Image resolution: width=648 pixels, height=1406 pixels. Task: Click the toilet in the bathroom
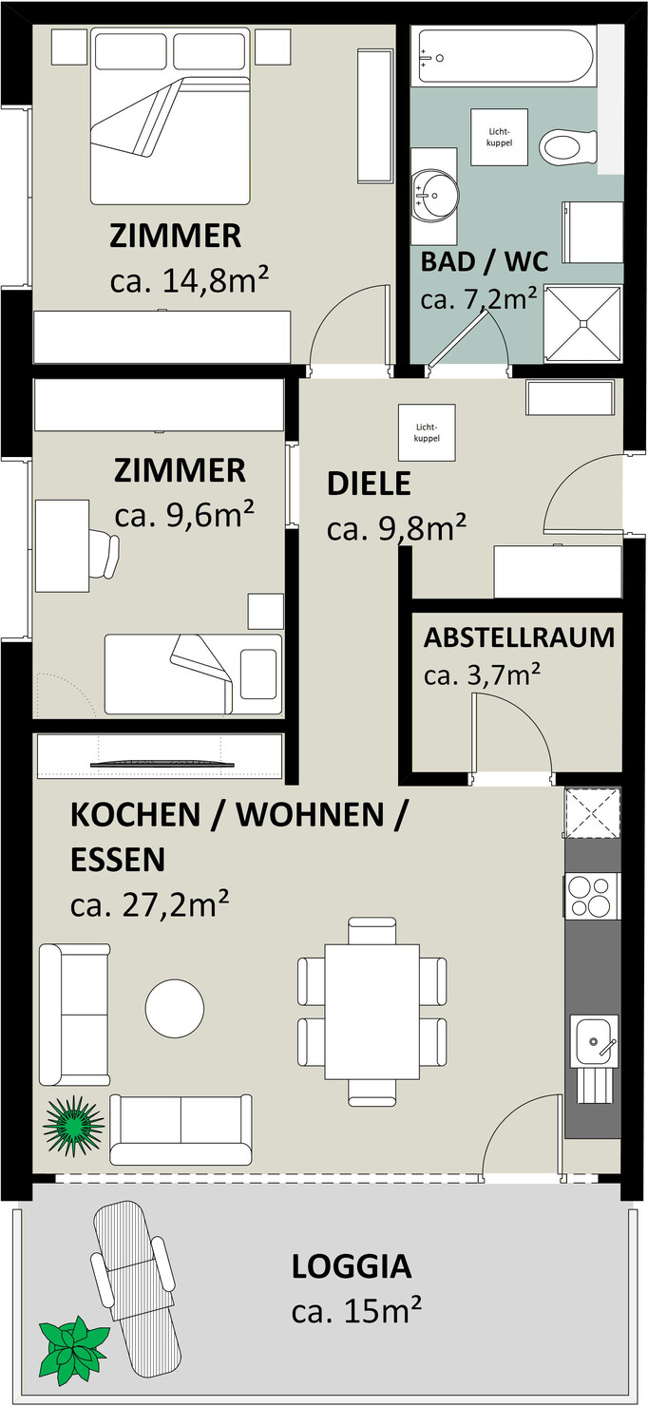(568, 147)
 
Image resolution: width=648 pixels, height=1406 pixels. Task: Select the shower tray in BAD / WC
(582, 324)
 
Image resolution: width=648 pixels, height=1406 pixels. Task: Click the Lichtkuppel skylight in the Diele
(427, 432)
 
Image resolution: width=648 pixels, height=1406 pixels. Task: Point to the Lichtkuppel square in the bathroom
(500, 137)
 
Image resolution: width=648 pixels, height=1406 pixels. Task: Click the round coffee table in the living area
(175, 1009)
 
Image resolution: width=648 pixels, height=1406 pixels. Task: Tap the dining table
(372, 1012)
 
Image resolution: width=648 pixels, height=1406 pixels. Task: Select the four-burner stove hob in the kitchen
(592, 897)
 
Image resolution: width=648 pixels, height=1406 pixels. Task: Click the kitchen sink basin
(593, 1041)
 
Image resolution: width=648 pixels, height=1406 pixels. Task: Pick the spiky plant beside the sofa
(73, 1124)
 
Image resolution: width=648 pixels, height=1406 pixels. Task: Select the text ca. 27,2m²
(149, 905)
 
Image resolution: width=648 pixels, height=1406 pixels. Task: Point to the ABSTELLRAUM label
(520, 637)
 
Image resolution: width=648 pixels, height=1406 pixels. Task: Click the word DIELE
(370, 484)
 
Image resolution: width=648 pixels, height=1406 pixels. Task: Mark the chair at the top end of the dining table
(372, 930)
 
